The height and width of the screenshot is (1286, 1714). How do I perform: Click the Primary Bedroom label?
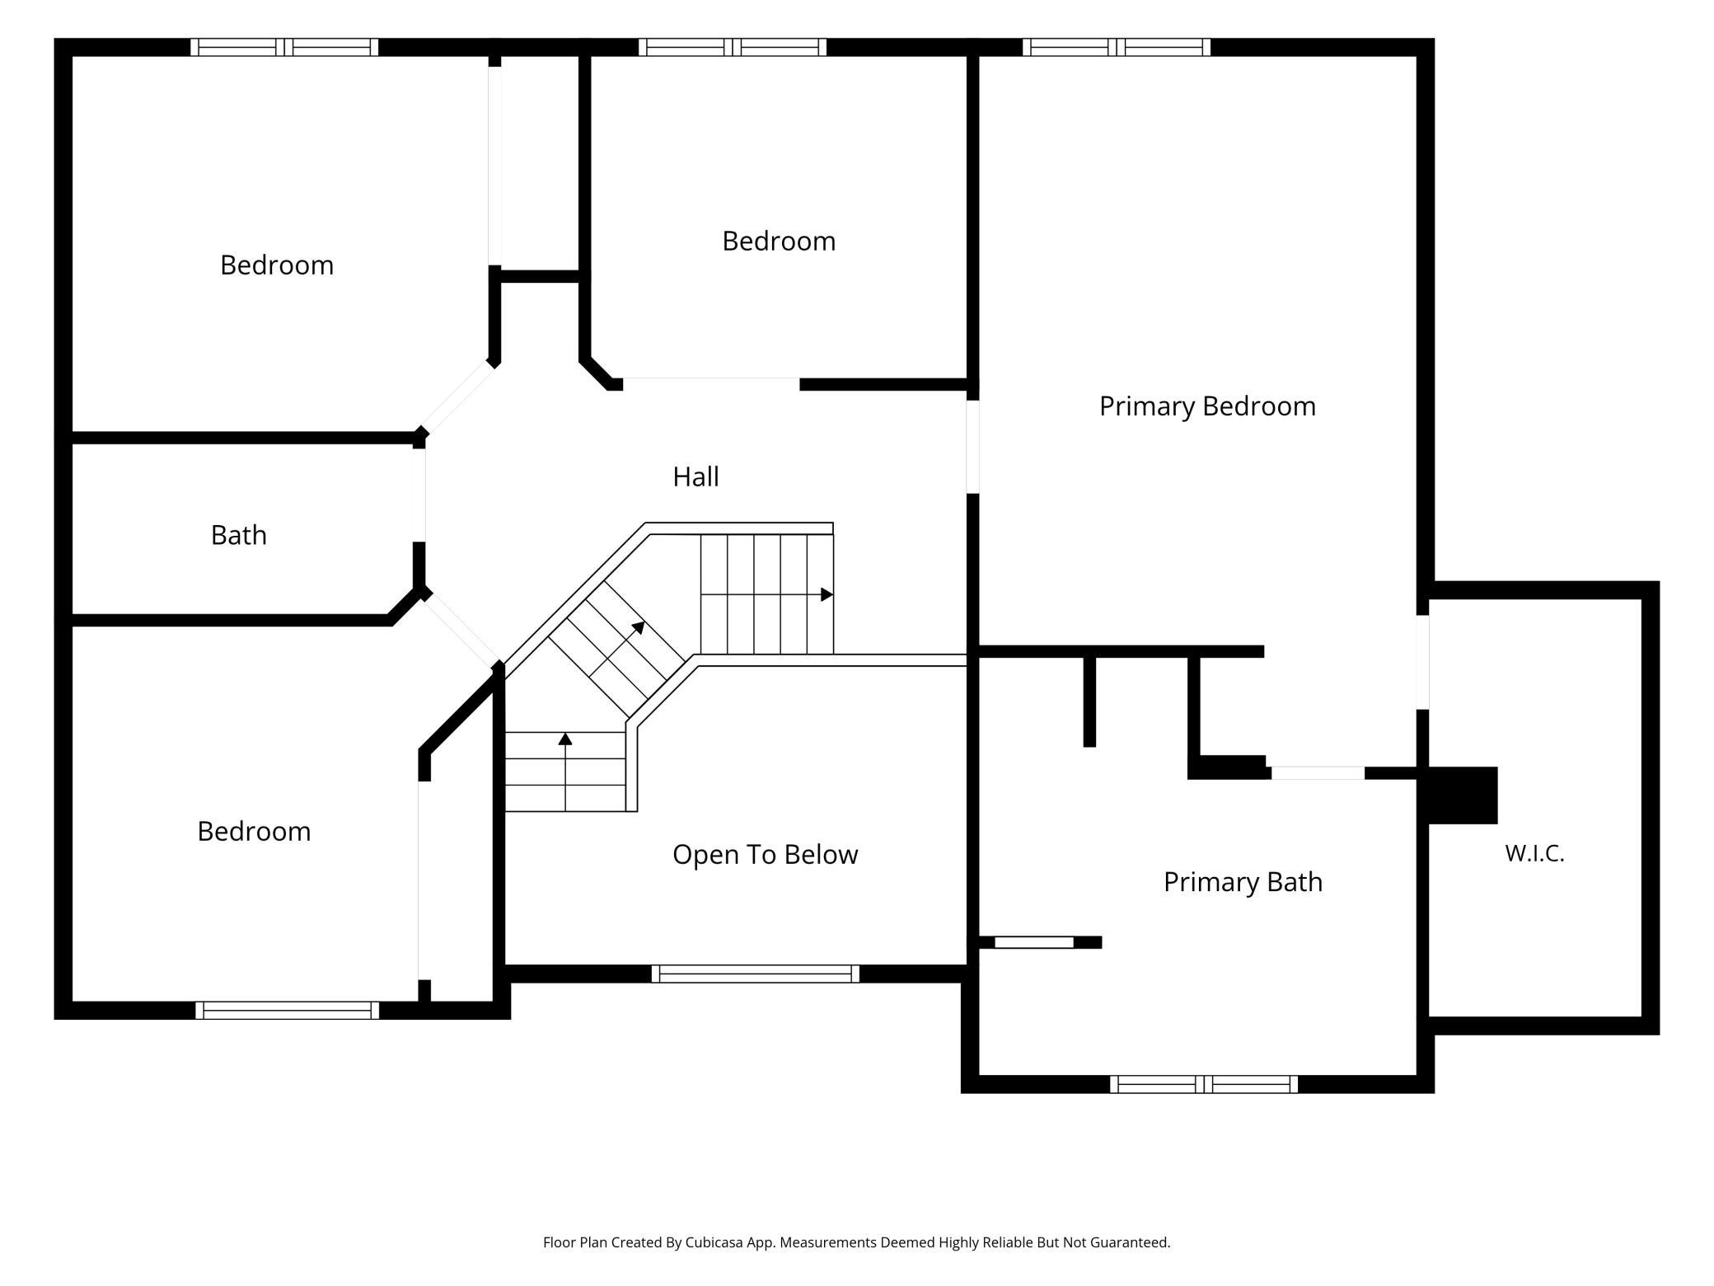click(x=1207, y=406)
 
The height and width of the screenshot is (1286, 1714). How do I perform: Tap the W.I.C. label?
click(x=1534, y=853)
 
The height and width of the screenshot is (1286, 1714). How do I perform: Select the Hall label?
click(x=695, y=476)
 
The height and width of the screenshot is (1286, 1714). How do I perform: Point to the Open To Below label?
click(x=765, y=855)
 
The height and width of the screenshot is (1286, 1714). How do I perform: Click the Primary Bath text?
click(x=1243, y=882)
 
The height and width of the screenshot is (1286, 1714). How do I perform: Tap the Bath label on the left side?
click(x=238, y=535)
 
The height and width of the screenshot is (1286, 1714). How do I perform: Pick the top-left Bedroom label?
click(x=277, y=265)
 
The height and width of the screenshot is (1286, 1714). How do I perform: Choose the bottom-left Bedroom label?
click(x=254, y=831)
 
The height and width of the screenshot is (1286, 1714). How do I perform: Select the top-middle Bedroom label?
click(x=779, y=241)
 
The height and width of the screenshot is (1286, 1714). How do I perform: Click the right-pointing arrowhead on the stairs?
click(x=827, y=594)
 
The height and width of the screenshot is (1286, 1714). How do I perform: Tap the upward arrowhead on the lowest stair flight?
click(x=565, y=739)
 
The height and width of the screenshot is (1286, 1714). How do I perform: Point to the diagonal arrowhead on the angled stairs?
click(x=639, y=627)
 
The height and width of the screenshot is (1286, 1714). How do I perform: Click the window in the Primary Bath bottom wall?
click(x=1204, y=1084)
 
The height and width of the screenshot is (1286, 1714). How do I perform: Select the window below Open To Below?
click(x=756, y=974)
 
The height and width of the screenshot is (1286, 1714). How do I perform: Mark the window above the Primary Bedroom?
click(x=1117, y=47)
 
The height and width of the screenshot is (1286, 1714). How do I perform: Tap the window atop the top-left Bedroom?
click(x=284, y=47)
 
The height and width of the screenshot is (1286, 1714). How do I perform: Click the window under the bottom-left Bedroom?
click(x=288, y=1010)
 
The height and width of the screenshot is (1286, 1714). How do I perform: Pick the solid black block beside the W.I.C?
click(x=1463, y=796)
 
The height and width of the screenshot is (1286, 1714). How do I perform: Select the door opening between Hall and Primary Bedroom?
click(x=973, y=447)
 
